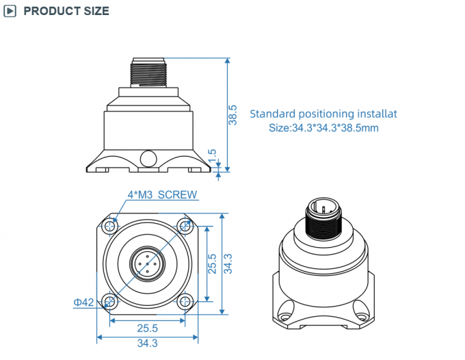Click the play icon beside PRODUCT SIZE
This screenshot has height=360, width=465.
point(11,11)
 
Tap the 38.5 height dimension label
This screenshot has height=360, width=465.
point(232,114)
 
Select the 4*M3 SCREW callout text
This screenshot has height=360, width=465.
point(162,195)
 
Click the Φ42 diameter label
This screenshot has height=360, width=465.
point(83,302)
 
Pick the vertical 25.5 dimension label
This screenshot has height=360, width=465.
point(212,263)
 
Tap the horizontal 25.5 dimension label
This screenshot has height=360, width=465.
point(146,327)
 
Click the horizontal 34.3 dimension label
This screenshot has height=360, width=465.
point(146,344)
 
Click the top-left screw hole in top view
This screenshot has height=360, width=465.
point(110,226)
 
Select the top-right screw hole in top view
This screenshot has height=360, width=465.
point(183,226)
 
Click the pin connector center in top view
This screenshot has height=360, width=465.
point(146,263)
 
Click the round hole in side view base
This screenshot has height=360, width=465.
point(147,159)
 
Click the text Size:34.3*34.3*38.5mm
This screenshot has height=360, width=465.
point(323,128)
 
